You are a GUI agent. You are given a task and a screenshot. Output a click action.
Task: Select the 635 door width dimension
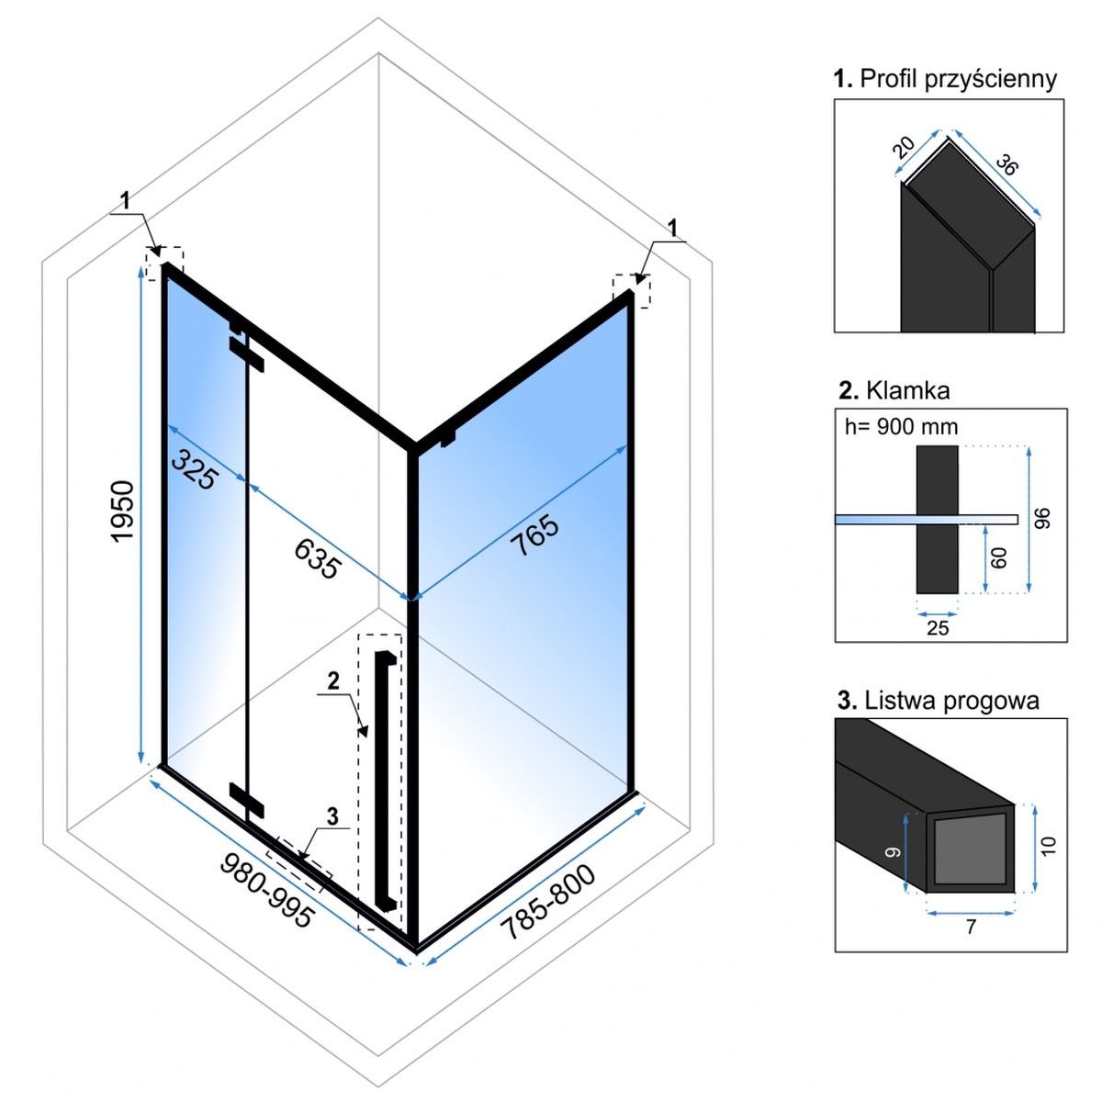(317, 557)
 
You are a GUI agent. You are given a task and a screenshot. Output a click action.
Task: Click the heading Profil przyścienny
(945, 79)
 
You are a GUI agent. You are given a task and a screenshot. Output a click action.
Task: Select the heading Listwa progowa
(938, 701)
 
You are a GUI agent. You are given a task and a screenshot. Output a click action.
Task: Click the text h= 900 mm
(900, 426)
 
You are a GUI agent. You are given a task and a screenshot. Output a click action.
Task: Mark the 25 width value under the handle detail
(938, 628)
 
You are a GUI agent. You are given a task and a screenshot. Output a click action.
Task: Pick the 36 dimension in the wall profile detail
(1007, 166)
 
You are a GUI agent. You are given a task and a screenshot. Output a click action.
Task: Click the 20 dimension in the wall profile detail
(905, 148)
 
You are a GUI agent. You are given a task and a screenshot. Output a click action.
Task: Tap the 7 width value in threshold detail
(971, 928)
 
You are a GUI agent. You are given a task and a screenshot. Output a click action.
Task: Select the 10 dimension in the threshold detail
(1050, 844)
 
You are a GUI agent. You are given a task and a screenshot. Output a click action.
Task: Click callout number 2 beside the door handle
(332, 680)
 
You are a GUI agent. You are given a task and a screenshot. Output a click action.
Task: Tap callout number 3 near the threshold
(332, 815)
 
